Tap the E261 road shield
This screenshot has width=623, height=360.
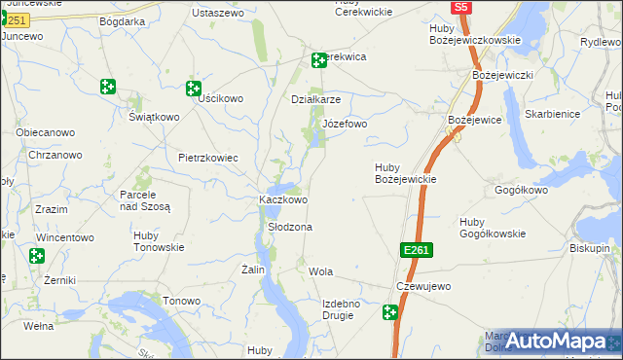coord(415,251)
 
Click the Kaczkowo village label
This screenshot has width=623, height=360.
coord(282,199)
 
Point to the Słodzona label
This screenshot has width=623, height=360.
coord(289,227)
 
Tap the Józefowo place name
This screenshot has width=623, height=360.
coord(345,125)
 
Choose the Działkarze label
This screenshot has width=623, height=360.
coord(316,99)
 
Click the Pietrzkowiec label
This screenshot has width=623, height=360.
coord(207,157)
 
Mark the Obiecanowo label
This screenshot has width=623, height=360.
coord(46,132)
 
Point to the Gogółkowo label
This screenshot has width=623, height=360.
coord(522,191)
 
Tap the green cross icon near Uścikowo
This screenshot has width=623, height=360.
coord(194,89)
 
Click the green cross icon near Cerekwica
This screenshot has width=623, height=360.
coord(318,60)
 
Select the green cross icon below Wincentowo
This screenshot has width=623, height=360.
coord(36,257)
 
